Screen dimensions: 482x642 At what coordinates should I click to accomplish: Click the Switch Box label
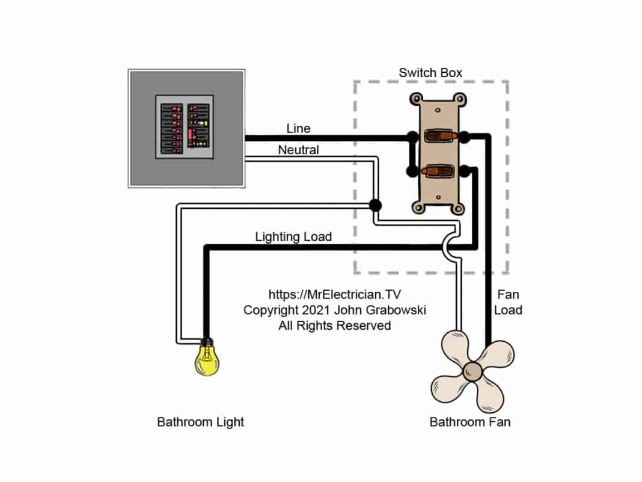[x=430, y=73]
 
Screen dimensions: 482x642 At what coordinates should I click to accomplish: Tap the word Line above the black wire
[x=299, y=129]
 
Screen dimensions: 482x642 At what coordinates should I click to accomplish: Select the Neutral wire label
[x=298, y=150]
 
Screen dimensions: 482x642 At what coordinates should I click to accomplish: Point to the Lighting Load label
[x=293, y=236]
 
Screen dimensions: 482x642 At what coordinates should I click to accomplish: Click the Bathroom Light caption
[x=200, y=422]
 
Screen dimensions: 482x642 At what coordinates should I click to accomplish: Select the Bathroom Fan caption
[x=469, y=422]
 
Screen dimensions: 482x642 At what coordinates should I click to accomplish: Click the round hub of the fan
[x=473, y=371]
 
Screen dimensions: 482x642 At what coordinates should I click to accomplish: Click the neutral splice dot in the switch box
[x=375, y=205]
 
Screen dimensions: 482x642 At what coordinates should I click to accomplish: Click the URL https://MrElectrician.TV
[x=334, y=295]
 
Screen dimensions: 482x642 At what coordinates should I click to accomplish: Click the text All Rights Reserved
[x=334, y=326]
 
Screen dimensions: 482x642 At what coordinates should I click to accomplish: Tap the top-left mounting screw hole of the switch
[x=414, y=98]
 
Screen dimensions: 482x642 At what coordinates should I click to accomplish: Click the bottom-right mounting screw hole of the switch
[x=459, y=208]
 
